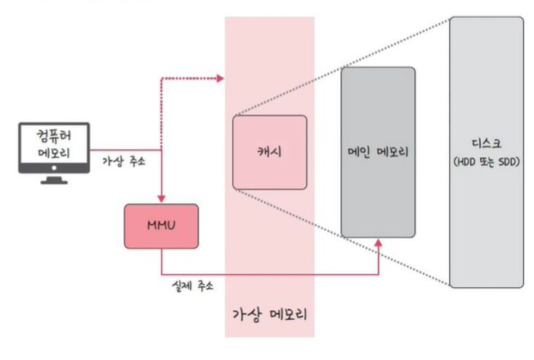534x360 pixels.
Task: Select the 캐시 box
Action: [x=269, y=152]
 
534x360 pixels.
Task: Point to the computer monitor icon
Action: [x=53, y=147]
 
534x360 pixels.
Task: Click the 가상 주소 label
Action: [x=123, y=161]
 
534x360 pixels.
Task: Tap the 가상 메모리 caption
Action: [x=270, y=313]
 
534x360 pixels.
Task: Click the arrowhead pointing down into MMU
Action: [x=161, y=199]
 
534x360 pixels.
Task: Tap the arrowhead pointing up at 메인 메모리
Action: [x=379, y=243]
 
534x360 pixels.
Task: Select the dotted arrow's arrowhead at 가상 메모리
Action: [x=219, y=79]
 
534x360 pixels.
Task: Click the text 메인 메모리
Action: [x=378, y=152]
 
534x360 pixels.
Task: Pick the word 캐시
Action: [x=269, y=152]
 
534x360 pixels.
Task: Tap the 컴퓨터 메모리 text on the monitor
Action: [x=53, y=141]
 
